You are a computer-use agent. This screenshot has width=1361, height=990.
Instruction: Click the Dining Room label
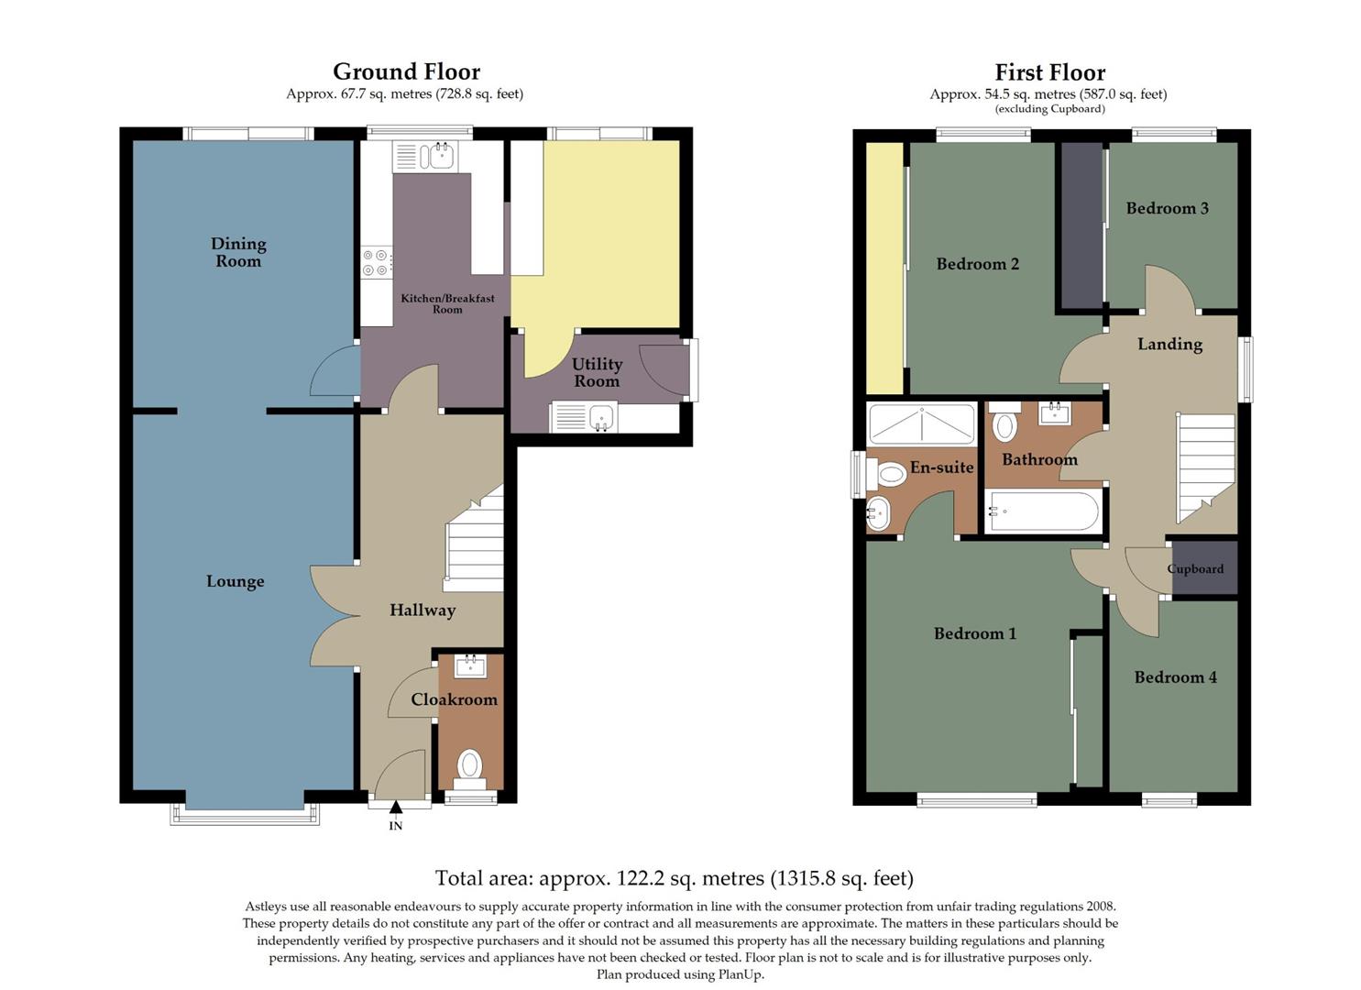[238, 252]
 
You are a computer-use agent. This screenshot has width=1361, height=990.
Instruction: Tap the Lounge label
[235, 581]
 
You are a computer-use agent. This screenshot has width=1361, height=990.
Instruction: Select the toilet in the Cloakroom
[469, 766]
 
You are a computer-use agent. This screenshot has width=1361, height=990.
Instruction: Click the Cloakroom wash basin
[471, 665]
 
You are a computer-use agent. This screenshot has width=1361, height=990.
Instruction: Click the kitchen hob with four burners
[377, 263]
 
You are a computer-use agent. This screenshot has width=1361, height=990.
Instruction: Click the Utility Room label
[597, 372]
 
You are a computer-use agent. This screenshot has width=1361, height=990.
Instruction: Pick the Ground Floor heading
[406, 71]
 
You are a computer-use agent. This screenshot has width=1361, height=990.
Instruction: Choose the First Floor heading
[1049, 72]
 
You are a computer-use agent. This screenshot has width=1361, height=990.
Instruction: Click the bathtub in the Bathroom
[1043, 512]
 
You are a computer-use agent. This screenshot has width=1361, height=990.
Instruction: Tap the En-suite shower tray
[921, 423]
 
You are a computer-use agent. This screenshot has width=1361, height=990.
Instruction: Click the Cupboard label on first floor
[1195, 569]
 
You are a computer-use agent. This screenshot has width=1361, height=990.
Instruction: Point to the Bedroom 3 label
[1167, 208]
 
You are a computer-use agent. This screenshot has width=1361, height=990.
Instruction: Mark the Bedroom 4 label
[1175, 677]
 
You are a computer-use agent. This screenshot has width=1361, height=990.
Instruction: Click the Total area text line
[674, 878]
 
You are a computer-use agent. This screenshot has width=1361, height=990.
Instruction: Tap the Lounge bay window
[245, 814]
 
